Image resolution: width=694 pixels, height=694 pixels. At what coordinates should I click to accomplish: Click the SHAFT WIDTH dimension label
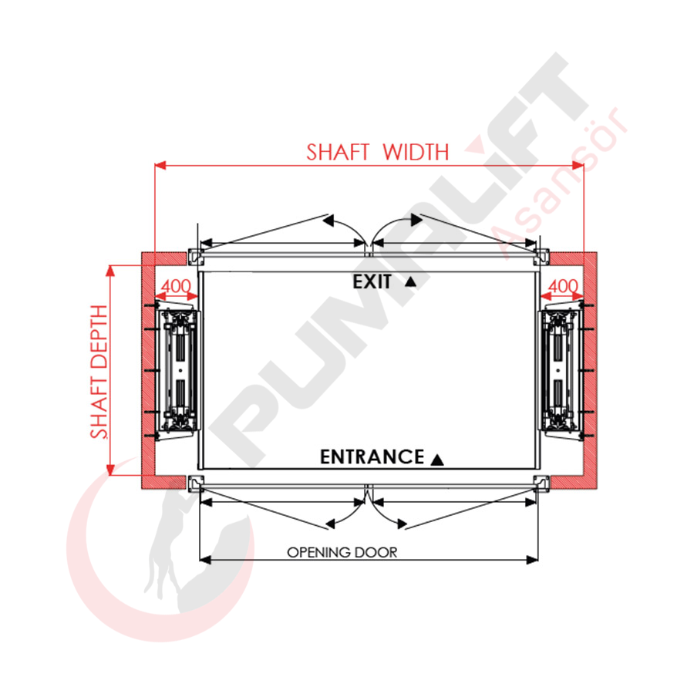click(x=378, y=152)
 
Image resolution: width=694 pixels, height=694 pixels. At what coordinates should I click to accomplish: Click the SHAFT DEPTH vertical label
click(x=99, y=372)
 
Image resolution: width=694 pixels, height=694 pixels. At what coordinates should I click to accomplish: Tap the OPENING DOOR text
click(x=342, y=552)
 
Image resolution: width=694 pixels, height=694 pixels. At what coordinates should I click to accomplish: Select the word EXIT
click(x=372, y=282)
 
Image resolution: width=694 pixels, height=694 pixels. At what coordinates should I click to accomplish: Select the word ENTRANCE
click(x=372, y=456)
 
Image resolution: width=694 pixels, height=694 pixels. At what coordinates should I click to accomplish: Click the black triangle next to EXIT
click(x=411, y=281)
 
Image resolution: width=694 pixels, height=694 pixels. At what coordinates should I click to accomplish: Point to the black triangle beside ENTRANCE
click(x=437, y=460)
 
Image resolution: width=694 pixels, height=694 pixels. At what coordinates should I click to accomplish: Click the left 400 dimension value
click(x=176, y=286)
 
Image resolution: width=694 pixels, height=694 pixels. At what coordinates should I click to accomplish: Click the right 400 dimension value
click(x=563, y=286)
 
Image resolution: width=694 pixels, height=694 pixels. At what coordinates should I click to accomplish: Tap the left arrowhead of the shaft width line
click(x=160, y=166)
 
